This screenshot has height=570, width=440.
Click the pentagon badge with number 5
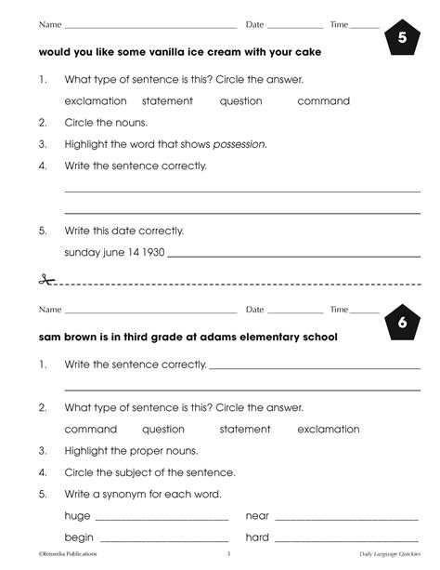(400, 38)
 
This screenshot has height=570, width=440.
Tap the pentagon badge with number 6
(400, 323)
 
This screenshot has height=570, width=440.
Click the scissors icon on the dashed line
(48, 279)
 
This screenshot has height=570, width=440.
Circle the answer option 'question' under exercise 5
(240, 100)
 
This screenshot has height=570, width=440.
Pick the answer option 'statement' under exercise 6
(244, 430)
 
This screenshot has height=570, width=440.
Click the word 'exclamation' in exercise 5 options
(95, 100)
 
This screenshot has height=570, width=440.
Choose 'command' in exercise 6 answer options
(91, 430)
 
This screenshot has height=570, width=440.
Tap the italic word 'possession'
(239, 144)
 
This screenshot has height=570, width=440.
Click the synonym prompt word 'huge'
(77, 515)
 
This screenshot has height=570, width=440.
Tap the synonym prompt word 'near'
(257, 515)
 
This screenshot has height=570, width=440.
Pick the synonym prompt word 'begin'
(80, 537)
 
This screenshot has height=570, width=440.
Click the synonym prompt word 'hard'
(257, 537)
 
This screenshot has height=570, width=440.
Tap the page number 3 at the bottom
(227, 555)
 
